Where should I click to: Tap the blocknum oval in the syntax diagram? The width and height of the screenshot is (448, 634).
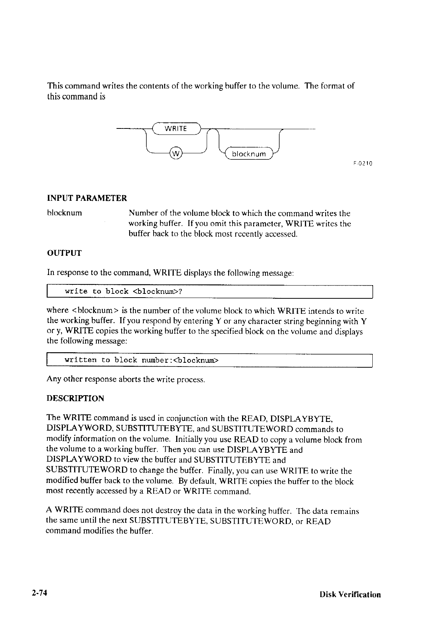point(249,154)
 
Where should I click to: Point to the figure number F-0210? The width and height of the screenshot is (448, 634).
point(363,164)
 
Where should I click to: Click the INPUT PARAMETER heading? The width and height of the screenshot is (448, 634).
point(87,198)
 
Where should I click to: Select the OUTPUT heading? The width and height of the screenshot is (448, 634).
point(64,253)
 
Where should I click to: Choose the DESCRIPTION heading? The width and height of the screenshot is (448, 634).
point(75,398)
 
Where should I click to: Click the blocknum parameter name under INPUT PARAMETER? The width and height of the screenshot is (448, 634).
point(64,213)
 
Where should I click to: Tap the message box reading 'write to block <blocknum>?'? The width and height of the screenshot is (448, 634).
point(209,292)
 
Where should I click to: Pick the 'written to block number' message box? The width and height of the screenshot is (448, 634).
point(209,360)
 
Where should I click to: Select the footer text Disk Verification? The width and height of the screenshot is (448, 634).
point(350,595)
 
